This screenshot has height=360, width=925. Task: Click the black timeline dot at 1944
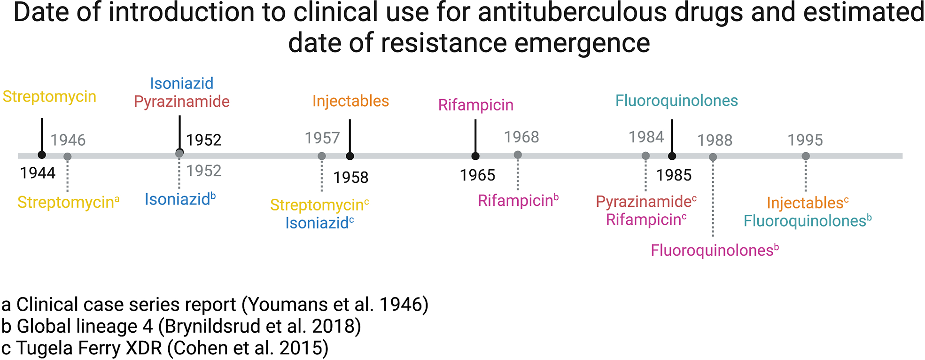(42, 155)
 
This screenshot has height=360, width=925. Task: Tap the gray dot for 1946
(67, 157)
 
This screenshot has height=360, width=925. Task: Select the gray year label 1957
(322, 138)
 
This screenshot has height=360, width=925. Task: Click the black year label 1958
(350, 177)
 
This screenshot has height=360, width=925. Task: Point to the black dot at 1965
(475, 156)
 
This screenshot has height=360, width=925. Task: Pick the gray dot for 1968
(518, 155)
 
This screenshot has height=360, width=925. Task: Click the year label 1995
(805, 140)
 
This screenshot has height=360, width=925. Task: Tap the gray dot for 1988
(713, 157)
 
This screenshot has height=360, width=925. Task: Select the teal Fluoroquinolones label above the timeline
(676, 101)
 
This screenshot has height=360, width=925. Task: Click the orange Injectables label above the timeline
(350, 101)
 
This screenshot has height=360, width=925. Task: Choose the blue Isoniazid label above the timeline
(181, 83)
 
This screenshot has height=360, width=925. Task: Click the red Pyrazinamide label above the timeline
(181, 102)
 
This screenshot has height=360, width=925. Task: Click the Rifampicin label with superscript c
(646, 219)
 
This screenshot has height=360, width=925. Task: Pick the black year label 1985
(674, 175)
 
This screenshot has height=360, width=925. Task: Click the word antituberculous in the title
(572, 13)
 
